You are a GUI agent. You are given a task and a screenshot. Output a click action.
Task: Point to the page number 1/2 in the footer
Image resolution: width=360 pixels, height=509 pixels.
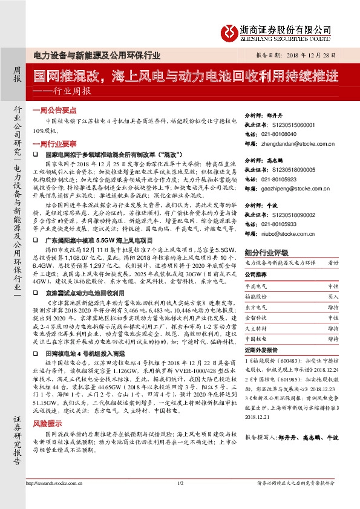pyautogui.click(x=180, y=484)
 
